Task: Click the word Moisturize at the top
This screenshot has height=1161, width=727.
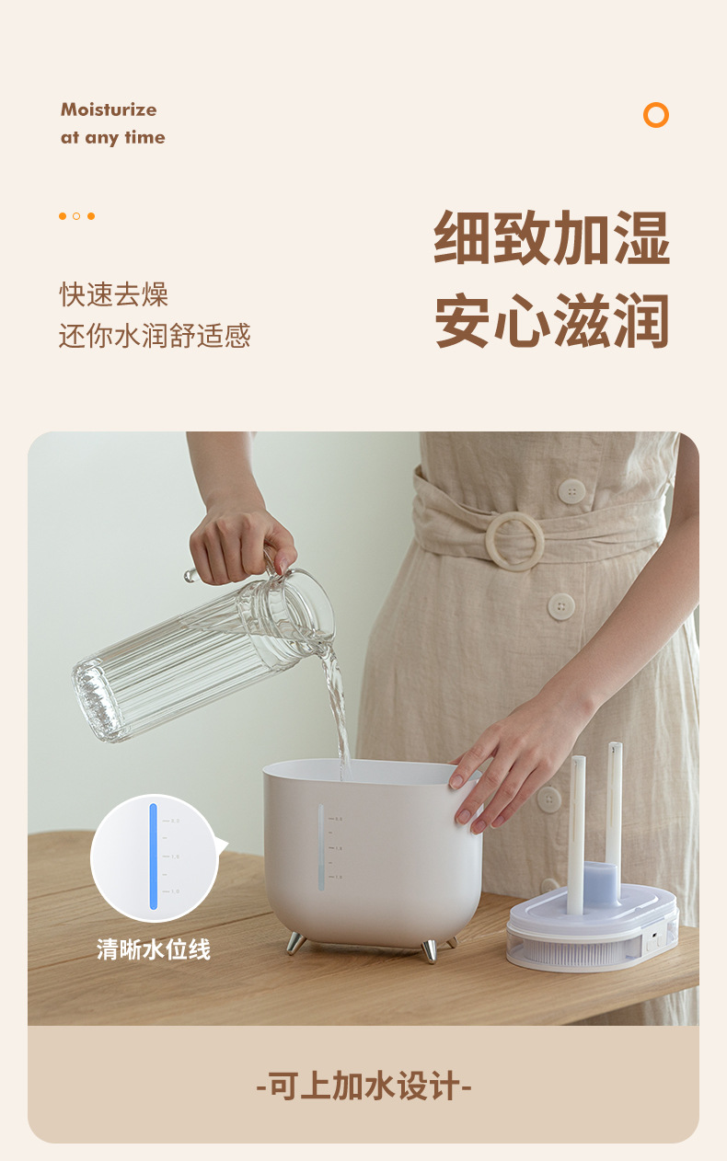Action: point(109,109)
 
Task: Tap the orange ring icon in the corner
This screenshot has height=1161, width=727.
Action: point(656,115)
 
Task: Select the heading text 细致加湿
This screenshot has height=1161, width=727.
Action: point(551,237)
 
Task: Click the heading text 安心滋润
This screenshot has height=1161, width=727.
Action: point(551,320)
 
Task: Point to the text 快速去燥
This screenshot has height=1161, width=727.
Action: point(114,294)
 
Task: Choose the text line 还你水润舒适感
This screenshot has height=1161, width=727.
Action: point(155,335)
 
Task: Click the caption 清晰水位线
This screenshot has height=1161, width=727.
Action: point(154,949)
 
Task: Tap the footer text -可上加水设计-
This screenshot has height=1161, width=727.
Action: point(363,1086)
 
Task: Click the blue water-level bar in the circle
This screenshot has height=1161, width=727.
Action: point(154,856)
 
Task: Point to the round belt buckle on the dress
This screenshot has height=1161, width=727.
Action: point(515,540)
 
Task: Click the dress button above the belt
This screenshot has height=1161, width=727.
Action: point(571,490)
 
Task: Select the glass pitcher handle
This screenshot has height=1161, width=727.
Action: point(230,569)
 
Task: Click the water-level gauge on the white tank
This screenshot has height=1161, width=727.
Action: point(321,847)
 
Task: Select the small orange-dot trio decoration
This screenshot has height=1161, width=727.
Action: point(76,216)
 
